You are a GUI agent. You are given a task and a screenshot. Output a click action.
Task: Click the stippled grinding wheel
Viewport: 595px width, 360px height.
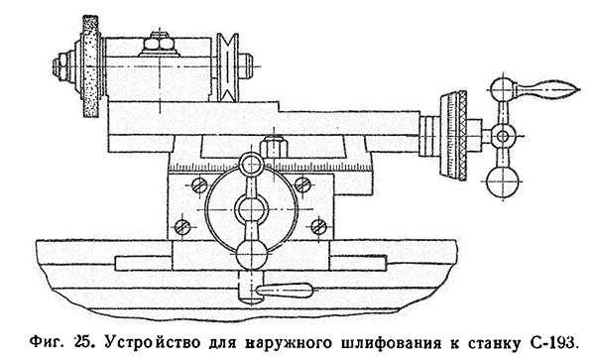point(94,69)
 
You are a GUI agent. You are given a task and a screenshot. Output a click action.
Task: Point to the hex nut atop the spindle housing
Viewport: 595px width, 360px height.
point(156,42)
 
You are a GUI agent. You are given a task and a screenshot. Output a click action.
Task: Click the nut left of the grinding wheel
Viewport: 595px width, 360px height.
point(60,67)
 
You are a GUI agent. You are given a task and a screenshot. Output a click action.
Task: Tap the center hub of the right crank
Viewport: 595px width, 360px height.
point(503,135)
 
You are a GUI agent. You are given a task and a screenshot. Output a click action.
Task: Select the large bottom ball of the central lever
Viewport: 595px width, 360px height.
point(253,254)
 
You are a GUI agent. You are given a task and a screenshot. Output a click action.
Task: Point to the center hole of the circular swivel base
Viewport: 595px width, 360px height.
point(252,210)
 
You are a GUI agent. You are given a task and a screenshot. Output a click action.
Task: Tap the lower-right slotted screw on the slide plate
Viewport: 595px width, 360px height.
point(318,226)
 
